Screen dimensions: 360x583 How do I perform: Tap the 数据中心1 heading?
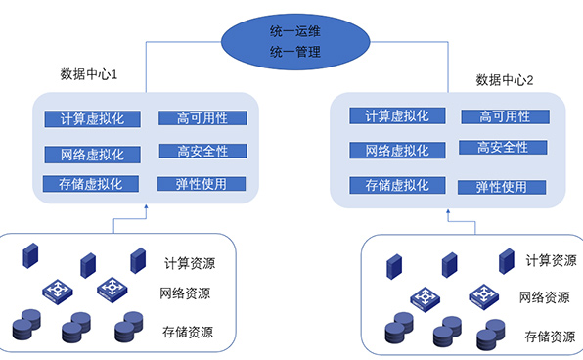pyautogui.click(x=89, y=74)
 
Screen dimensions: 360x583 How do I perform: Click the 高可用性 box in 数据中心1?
pyautogui.click(x=202, y=118)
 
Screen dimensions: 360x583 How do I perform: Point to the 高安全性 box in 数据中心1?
pyautogui.click(x=202, y=152)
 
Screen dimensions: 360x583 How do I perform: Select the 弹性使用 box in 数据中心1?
pyautogui.click(x=202, y=184)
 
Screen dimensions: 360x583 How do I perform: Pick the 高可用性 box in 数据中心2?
pyautogui.click(x=505, y=116)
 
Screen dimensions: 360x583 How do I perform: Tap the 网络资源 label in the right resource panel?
pyautogui.click(x=546, y=297)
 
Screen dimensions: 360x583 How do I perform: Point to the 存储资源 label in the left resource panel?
pyautogui.click(x=190, y=332)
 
